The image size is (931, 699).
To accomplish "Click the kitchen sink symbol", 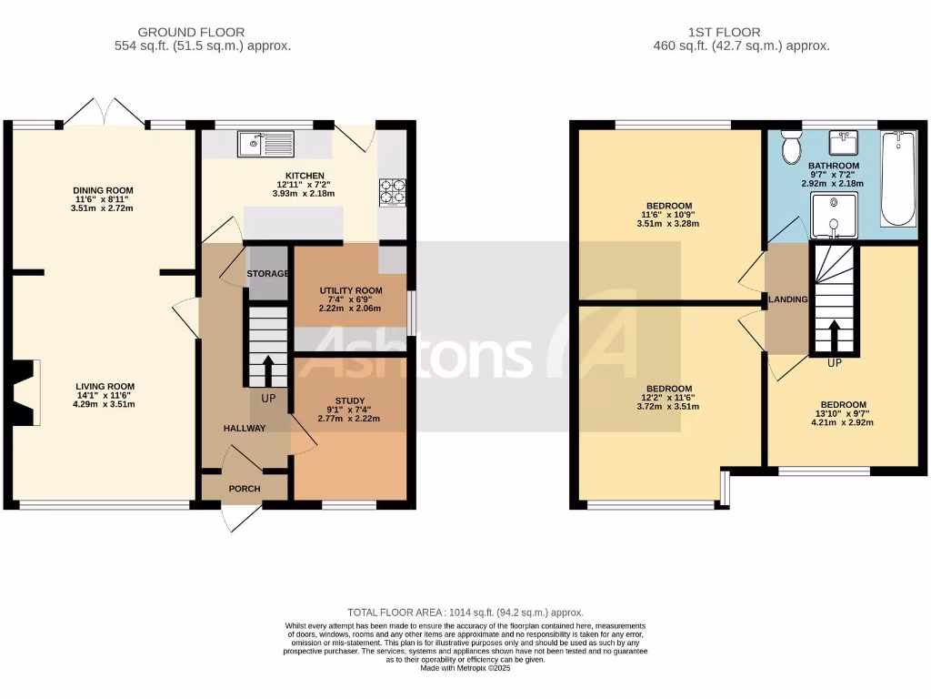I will coord(265,143).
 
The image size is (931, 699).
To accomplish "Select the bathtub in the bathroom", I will coord(897,178).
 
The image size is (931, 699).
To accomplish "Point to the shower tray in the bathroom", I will coord(834,219).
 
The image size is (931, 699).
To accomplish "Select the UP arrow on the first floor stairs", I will coord(834,336).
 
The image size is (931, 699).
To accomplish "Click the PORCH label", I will coord(245,489).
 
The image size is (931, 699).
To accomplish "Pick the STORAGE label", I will coord(268,273).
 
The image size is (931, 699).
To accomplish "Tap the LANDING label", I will coord(788,299).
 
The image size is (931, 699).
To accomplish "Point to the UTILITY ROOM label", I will coord(350,289).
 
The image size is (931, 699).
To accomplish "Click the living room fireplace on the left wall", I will coord(25,392).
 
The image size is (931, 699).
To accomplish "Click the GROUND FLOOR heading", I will coord(203,33).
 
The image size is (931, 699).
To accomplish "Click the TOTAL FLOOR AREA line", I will coord(465,613).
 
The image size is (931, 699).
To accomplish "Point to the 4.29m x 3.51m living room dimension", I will coord(105,404).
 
